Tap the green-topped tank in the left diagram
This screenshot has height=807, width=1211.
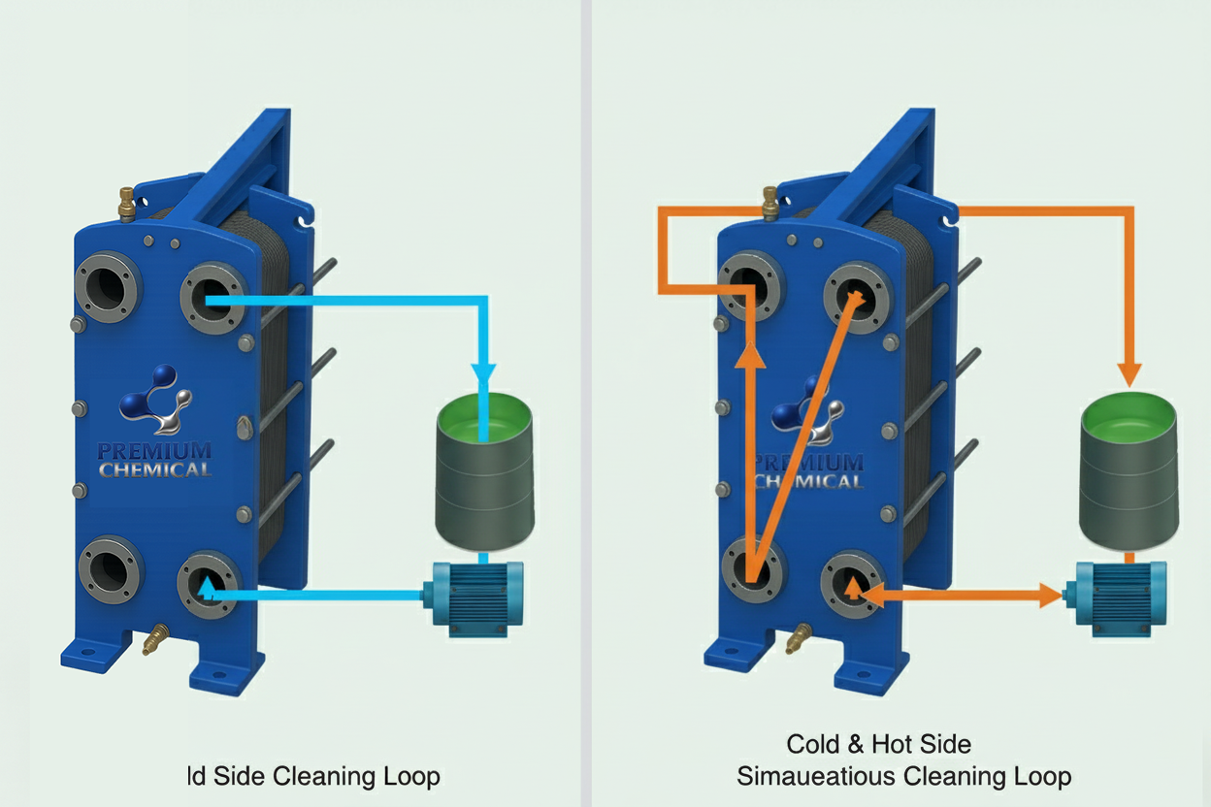point(484,475)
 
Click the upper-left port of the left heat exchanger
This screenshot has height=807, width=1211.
point(108,287)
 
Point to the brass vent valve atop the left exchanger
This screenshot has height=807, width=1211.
point(127,203)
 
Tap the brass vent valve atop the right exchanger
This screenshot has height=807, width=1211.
point(770,203)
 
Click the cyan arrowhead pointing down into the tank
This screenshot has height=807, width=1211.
point(483,374)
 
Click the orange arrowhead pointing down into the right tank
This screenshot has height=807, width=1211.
point(1128,372)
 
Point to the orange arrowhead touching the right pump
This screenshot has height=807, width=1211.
point(1050,595)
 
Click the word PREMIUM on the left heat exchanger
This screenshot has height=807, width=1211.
point(154,451)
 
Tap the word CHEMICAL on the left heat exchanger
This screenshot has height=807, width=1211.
point(155,470)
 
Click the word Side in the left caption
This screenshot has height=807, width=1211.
point(237,776)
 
